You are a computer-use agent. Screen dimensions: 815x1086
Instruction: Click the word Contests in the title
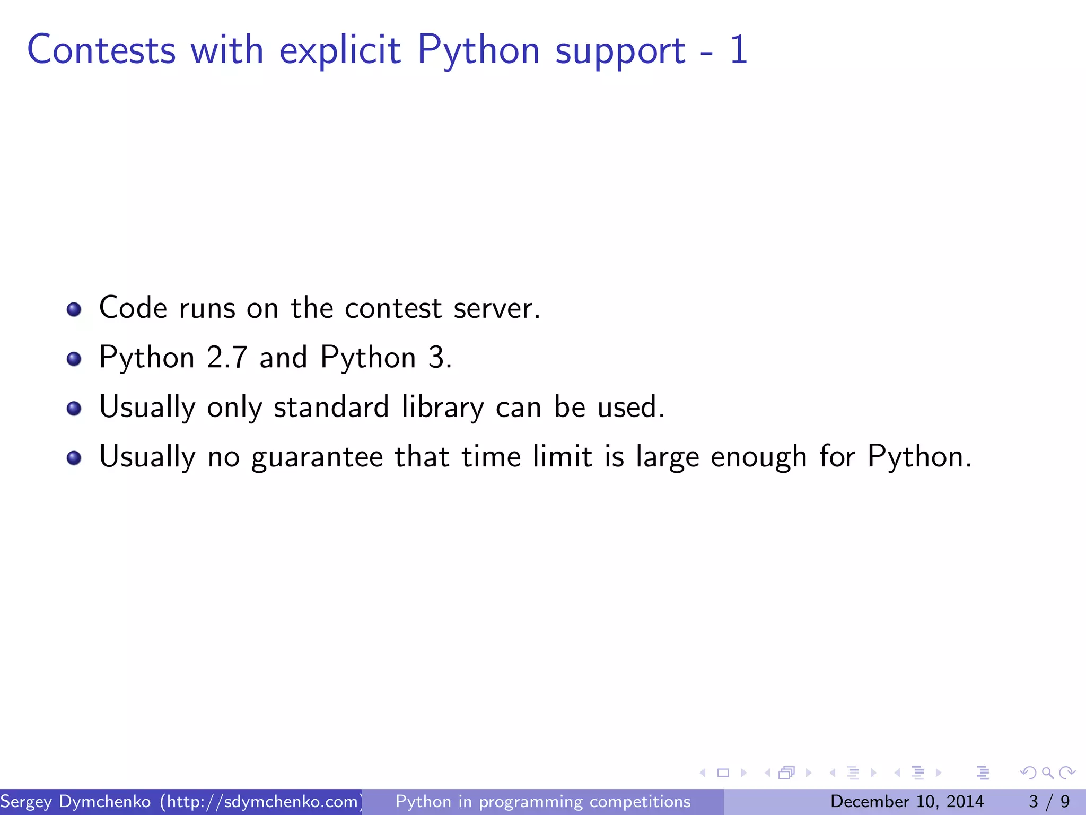(x=101, y=50)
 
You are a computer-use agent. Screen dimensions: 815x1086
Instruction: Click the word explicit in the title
(x=340, y=50)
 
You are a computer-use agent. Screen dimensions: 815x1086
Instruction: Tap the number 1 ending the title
(x=738, y=50)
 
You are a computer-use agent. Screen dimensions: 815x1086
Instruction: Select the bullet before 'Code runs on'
(x=74, y=309)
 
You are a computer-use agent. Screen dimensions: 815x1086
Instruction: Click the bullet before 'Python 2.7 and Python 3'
(x=74, y=359)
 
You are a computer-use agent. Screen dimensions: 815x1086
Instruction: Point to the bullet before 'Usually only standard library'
(x=74, y=408)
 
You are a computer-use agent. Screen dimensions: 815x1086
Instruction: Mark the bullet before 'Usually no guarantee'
(x=74, y=457)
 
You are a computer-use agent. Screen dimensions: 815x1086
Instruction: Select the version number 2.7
(x=227, y=357)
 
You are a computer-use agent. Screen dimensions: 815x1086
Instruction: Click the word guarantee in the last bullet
(x=317, y=457)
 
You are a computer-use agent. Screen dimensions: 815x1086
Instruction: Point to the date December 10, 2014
(x=907, y=801)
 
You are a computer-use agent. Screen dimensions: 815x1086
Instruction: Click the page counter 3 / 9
(x=1049, y=801)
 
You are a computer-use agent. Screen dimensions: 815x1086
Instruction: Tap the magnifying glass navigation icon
(x=1047, y=773)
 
